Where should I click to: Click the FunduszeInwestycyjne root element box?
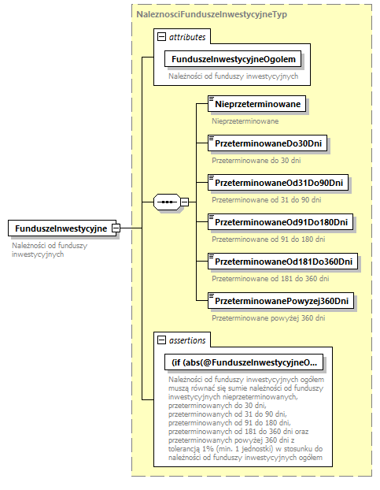pyautogui.click(x=59, y=228)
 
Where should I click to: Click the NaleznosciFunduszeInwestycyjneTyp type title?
pyautogui.click(x=200, y=15)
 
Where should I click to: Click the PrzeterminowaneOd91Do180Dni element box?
pyautogui.click(x=280, y=222)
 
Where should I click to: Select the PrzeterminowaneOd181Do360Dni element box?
pyautogui.click(x=283, y=262)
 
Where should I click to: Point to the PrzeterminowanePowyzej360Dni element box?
pyautogui.click(x=281, y=301)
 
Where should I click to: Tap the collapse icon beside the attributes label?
pyautogui.click(x=161, y=36)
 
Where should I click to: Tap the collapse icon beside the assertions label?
pyautogui.click(x=161, y=340)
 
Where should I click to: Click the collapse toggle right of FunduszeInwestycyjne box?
pyautogui.click(x=116, y=228)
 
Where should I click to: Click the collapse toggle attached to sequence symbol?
pyautogui.click(x=184, y=202)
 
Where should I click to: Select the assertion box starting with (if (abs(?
pyautogui.click(x=244, y=362)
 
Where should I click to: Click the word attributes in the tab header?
pyautogui.click(x=187, y=36)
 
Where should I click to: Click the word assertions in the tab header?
pyautogui.click(x=187, y=340)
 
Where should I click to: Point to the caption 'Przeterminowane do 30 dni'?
pyautogui.click(x=256, y=160)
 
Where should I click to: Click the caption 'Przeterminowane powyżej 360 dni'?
pyautogui.click(x=268, y=317)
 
